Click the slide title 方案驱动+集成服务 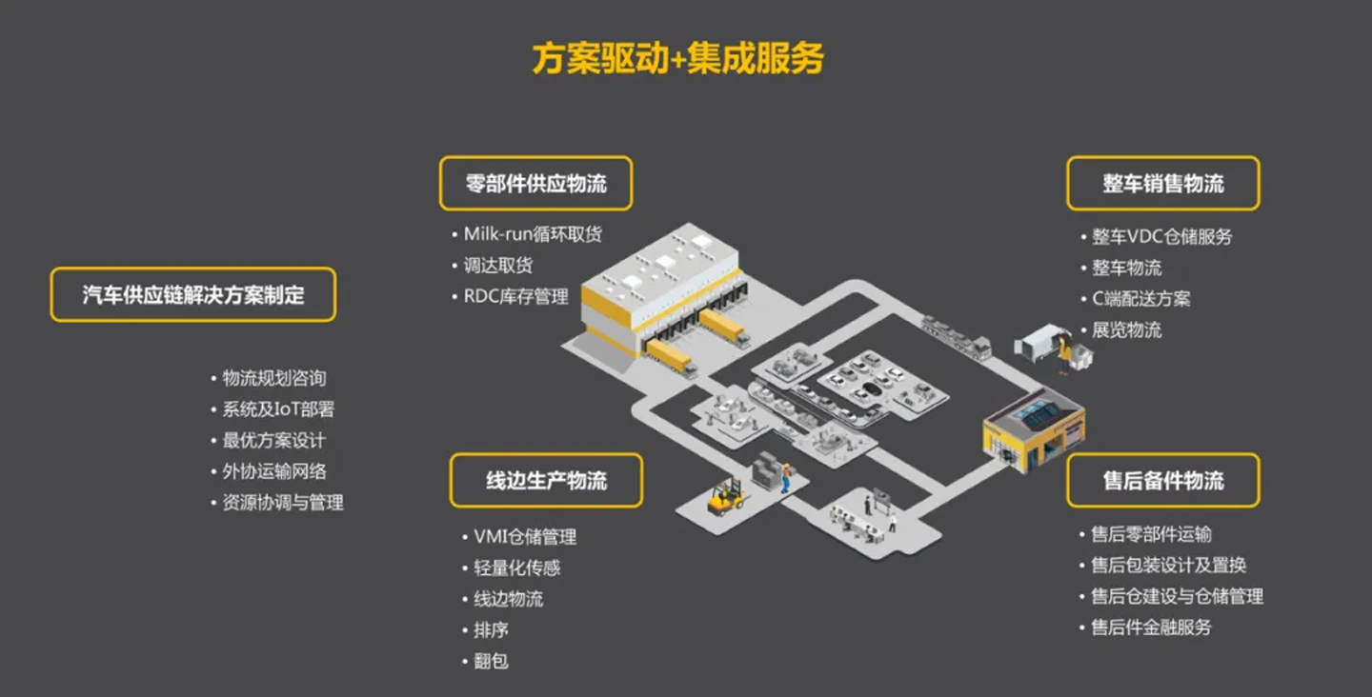[677, 58]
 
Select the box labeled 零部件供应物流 [535, 183]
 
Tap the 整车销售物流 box [1162, 183]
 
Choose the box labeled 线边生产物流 [546, 480]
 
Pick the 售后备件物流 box [1162, 480]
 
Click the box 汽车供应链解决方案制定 [193, 294]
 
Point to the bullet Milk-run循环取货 [533, 234]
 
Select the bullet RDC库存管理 [515, 296]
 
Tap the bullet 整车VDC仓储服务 [1161, 236]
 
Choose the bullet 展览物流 [1126, 329]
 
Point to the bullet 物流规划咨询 [274, 378]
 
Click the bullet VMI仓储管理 [525, 536]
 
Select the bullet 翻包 [491, 660]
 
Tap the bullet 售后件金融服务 [1151, 627]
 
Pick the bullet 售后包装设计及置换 [1168, 565]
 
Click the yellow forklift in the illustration [726, 496]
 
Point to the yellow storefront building [1033, 433]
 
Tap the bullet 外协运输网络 [274, 471]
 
